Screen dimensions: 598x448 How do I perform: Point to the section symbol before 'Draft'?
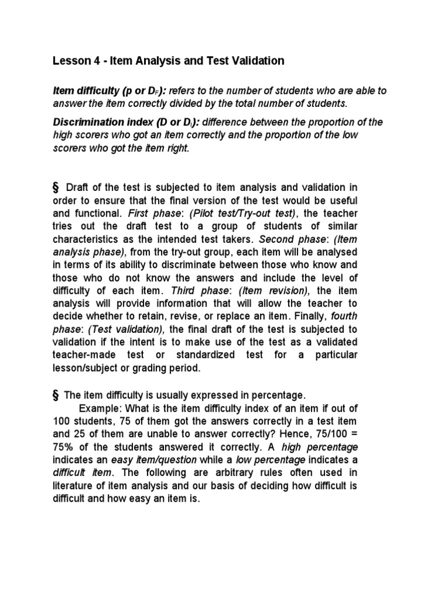[x=57, y=187]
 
